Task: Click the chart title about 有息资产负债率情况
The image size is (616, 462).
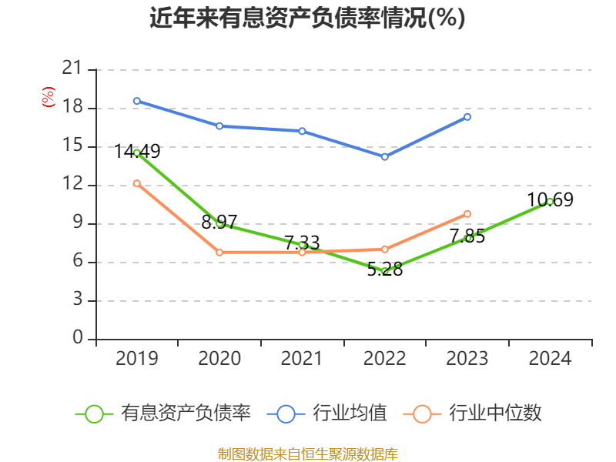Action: tap(307, 18)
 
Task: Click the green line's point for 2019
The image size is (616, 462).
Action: tap(137, 152)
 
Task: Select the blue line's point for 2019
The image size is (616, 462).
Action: tap(137, 101)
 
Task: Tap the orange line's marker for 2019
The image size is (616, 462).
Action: tap(137, 183)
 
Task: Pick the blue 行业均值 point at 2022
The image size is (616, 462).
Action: tap(385, 157)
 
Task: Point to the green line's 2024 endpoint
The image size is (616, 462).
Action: tap(550, 201)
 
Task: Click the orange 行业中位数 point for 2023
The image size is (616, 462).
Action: tap(467, 214)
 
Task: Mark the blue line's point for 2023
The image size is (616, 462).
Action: tap(467, 117)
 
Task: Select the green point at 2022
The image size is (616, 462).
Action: tap(385, 271)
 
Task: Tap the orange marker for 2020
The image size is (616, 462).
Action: tap(219, 253)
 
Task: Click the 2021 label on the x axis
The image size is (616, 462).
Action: tap(302, 359)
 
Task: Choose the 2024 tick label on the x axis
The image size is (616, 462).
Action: tap(550, 359)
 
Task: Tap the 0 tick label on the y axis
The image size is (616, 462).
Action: tap(77, 339)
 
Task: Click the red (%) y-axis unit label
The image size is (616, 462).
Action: tap(48, 98)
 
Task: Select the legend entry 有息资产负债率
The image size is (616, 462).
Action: tap(163, 413)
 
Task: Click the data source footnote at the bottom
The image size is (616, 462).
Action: tap(307, 454)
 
